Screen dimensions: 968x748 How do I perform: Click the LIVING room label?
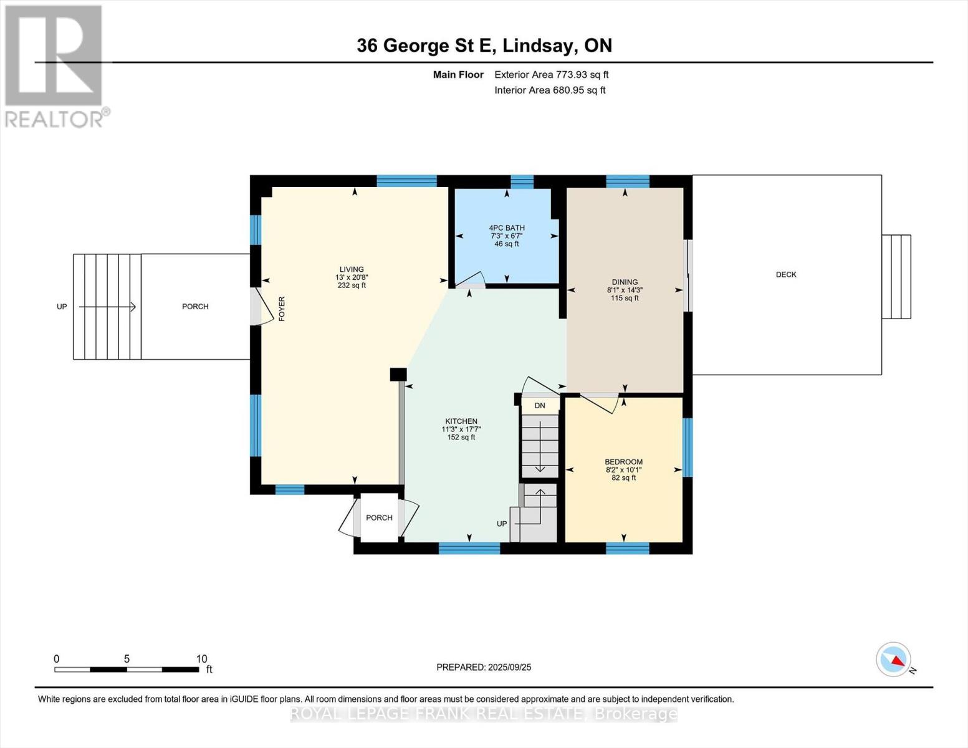[x=352, y=269]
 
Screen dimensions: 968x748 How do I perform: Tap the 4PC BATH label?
[x=507, y=228]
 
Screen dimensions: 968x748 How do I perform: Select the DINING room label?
[x=625, y=282]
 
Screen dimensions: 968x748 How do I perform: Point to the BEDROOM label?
[x=623, y=462]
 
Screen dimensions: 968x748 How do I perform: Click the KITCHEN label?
[x=461, y=421]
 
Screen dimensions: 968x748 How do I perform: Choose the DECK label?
[x=786, y=274]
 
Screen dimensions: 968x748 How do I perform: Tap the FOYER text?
[x=282, y=309]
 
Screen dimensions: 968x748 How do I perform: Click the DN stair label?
[x=539, y=405]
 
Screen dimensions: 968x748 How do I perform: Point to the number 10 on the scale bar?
[x=201, y=659]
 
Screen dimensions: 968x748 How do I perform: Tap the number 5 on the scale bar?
[x=127, y=659]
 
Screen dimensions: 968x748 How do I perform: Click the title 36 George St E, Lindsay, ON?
[x=484, y=46]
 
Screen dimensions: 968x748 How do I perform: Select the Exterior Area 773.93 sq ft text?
[x=551, y=75]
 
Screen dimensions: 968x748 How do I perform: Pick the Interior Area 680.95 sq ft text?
[x=550, y=90]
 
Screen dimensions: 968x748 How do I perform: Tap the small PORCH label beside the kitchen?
[x=379, y=517]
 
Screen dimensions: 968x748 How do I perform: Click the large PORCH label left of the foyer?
[x=195, y=307]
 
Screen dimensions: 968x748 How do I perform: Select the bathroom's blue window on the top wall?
[x=522, y=181]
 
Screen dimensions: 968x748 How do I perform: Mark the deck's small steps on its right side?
[x=896, y=277]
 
